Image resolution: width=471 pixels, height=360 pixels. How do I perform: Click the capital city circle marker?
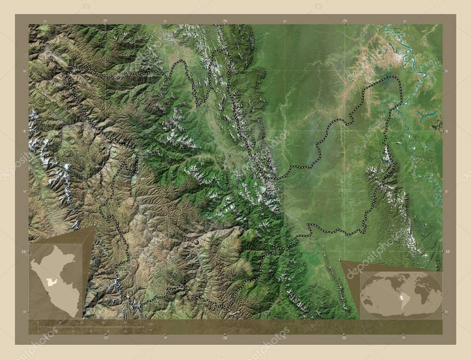click(x=197, y=242)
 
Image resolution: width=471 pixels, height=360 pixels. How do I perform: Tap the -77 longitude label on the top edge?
click(x=105, y=21)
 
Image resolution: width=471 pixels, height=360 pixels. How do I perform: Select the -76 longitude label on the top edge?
click(x=224, y=21)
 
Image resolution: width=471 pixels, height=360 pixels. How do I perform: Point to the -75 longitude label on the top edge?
click(x=344, y=21)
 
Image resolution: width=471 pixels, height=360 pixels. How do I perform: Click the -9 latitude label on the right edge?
click(x=446, y=131)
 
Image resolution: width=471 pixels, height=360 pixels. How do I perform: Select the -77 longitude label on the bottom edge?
click(x=105, y=337)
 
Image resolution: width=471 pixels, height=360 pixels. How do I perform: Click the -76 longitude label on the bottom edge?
click(x=224, y=337)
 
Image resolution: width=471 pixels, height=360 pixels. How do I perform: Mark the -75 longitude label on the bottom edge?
click(x=344, y=337)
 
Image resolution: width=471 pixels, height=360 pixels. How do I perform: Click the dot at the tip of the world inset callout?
click(x=340, y=260)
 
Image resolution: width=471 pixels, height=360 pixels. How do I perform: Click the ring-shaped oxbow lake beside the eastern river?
click(x=418, y=160)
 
